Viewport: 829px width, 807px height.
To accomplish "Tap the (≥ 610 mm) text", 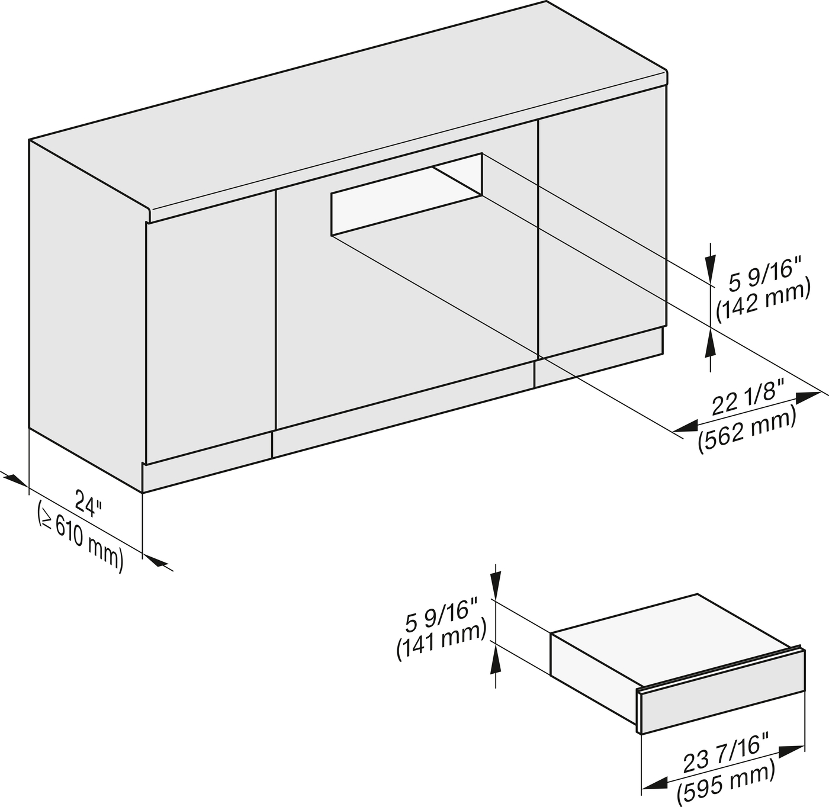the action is coord(81,536).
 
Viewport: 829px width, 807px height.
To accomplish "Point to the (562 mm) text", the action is coord(747,432).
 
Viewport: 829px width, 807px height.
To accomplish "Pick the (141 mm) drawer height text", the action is coord(442,639).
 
